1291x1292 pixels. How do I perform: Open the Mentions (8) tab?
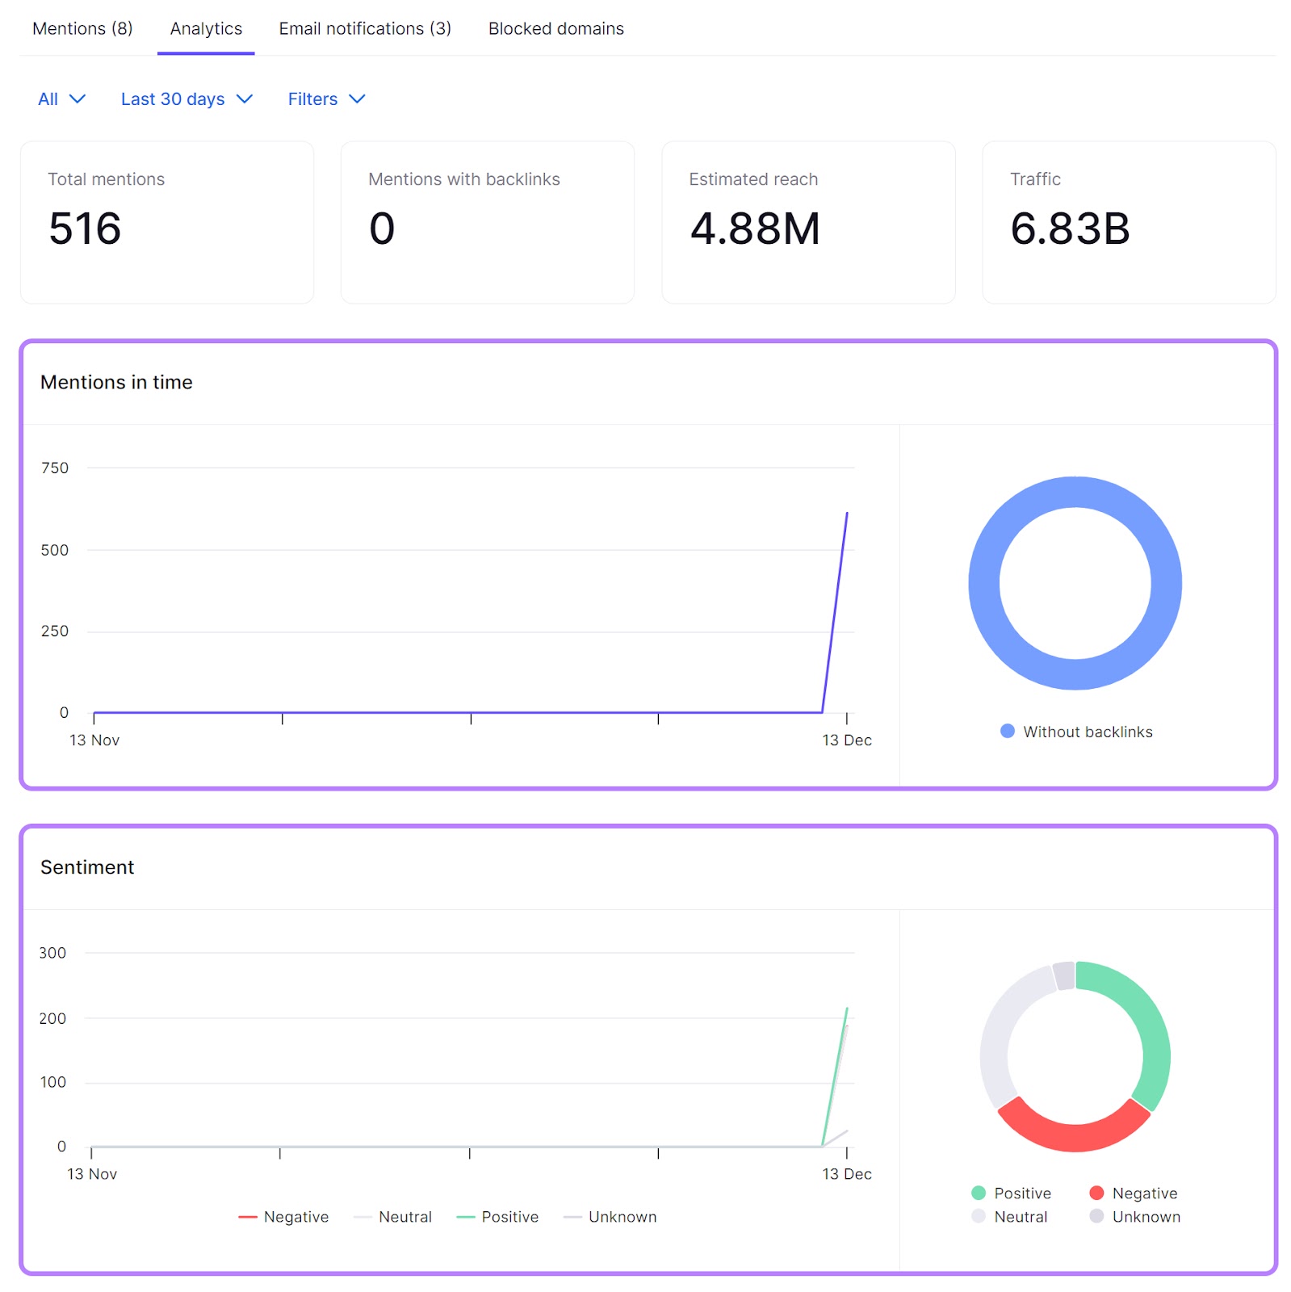(82, 29)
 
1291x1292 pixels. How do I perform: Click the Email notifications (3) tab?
(365, 29)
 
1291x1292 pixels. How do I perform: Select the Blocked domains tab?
(555, 29)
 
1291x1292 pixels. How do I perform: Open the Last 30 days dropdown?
(187, 99)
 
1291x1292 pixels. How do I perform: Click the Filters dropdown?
(326, 99)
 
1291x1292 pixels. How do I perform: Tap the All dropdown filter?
(61, 99)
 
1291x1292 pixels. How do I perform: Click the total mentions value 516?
(85, 229)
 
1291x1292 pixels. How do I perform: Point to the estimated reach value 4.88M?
(754, 229)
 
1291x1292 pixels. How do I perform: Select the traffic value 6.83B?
(1069, 229)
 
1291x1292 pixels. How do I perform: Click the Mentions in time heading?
(116, 382)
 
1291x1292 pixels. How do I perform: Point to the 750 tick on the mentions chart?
(55, 468)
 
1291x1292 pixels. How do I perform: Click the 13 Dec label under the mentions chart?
(846, 740)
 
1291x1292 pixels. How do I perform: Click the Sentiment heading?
(87, 867)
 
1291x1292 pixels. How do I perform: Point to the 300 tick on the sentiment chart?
(52, 953)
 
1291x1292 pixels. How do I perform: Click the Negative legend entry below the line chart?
(284, 1217)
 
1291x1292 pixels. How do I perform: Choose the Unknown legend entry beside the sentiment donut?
(1134, 1217)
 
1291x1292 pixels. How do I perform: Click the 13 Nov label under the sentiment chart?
(92, 1174)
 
